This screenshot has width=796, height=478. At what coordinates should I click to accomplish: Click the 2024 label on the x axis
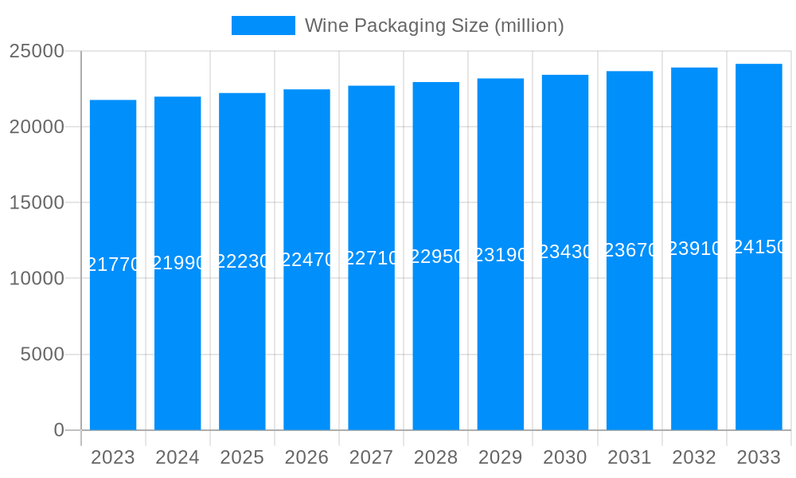coord(178,458)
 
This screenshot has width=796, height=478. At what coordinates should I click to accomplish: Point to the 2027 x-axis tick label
coord(371,458)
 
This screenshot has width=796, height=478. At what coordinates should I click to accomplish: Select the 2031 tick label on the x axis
coord(630,458)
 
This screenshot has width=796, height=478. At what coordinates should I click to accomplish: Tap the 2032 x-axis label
coord(694,458)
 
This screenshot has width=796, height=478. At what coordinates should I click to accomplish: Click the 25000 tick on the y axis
coord(37,51)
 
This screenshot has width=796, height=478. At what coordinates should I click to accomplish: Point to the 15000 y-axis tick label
coord(37,202)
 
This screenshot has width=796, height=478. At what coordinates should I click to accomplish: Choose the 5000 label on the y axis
coord(42,355)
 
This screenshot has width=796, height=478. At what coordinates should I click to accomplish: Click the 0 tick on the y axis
coord(59,430)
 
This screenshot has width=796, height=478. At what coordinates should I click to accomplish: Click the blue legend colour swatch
coord(263,25)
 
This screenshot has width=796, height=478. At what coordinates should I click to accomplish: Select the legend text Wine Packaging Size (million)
coord(435,25)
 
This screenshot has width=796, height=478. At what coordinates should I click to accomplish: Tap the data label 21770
coord(113,264)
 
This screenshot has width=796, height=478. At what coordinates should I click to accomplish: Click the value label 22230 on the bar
coord(242,261)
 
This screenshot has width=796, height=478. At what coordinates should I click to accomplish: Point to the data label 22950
coord(436,257)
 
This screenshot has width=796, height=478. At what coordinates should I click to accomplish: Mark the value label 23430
coord(565,252)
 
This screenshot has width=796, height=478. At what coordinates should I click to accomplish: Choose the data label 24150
coord(759,247)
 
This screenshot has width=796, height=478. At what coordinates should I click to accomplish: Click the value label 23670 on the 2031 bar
coord(630,250)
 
